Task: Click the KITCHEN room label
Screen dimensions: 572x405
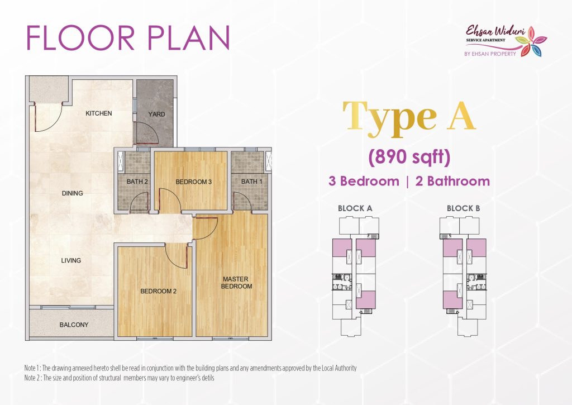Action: coord(98,113)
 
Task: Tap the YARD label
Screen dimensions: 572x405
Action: coord(156,114)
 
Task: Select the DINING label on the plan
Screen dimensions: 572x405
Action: coord(72,193)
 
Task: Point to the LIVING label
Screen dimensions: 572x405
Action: coord(71,260)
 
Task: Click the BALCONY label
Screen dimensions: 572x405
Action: coord(74,325)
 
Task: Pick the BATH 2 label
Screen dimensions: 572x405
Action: coord(137,182)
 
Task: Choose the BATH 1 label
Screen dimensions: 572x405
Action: coord(252,182)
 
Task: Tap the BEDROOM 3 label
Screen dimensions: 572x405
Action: coord(194,182)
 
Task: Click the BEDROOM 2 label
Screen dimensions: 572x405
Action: coord(158,291)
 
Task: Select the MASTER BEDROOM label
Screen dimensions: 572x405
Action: coord(236,283)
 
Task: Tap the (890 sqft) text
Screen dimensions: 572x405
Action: coord(409,158)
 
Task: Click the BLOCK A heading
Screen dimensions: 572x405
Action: coord(355,208)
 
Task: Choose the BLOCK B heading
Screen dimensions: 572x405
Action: coord(463,208)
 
